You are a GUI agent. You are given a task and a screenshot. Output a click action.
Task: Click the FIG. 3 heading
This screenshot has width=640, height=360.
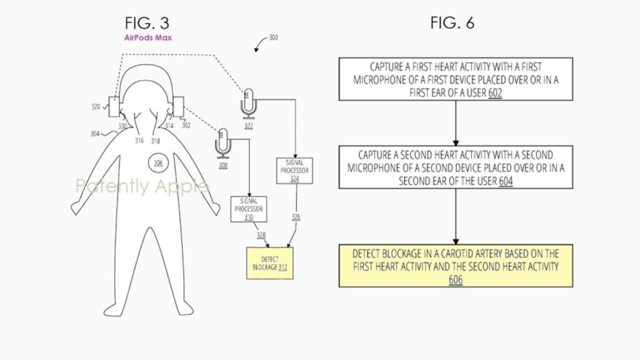click(147, 23)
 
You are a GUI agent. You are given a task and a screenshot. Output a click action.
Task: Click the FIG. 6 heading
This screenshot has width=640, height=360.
click(452, 23)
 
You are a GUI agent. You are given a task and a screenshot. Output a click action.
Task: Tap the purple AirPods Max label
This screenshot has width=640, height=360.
click(147, 37)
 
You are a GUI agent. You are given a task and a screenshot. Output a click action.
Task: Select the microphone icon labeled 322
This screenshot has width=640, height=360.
click(249, 103)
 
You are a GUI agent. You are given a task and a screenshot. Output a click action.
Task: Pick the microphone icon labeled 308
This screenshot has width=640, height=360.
click(223, 143)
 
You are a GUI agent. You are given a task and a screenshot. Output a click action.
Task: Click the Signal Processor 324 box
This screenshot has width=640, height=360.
click(294, 170)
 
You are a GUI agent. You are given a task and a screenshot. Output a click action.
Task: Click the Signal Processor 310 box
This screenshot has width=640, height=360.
click(249, 209)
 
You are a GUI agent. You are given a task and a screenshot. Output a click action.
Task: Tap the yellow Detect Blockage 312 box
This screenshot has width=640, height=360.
click(270, 262)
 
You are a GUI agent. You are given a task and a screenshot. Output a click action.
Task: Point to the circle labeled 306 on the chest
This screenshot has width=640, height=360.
click(158, 163)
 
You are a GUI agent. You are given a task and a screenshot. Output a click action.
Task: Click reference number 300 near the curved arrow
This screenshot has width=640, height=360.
click(273, 37)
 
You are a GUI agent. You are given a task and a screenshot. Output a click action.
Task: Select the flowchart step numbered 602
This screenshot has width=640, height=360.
click(456, 79)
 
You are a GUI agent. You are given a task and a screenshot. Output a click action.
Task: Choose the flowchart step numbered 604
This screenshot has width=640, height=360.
click(456, 167)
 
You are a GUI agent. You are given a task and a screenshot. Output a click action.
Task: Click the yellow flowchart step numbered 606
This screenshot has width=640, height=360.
click(456, 266)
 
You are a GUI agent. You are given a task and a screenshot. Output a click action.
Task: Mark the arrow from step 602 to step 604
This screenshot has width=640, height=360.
click(456, 122)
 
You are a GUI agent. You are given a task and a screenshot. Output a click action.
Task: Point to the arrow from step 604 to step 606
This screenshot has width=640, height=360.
click(456, 216)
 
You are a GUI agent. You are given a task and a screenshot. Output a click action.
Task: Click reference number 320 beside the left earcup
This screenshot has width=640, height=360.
click(95, 107)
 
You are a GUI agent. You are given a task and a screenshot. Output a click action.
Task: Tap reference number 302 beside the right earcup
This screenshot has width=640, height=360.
click(186, 125)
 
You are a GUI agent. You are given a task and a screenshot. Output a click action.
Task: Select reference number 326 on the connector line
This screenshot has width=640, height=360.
click(296, 217)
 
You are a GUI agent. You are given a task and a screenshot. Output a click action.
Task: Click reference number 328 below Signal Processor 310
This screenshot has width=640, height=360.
click(261, 234)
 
